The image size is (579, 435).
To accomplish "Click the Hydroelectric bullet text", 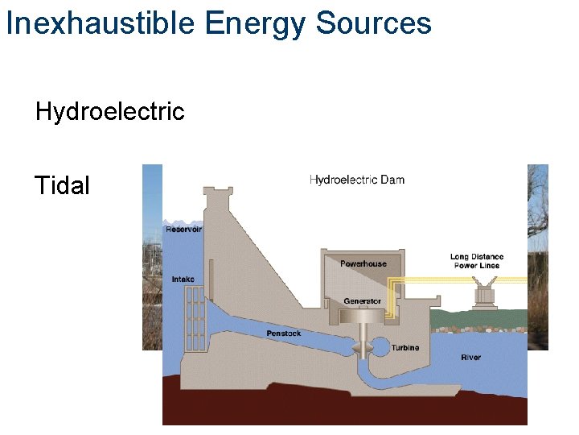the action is click(x=109, y=111).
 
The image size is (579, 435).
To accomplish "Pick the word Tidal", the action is click(x=62, y=186).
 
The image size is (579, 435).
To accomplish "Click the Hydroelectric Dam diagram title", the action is click(x=356, y=180).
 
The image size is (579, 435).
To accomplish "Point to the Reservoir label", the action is click(x=183, y=230).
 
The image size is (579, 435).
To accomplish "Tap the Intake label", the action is click(x=183, y=280).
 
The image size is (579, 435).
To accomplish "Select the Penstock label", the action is click(x=284, y=333).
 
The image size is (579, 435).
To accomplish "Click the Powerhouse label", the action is click(x=363, y=263).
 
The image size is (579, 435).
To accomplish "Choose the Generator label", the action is click(x=362, y=301).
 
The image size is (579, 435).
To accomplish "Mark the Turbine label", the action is click(x=404, y=348).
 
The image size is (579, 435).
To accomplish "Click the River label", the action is click(x=470, y=357).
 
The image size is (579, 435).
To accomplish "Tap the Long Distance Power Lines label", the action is click(x=476, y=261).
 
